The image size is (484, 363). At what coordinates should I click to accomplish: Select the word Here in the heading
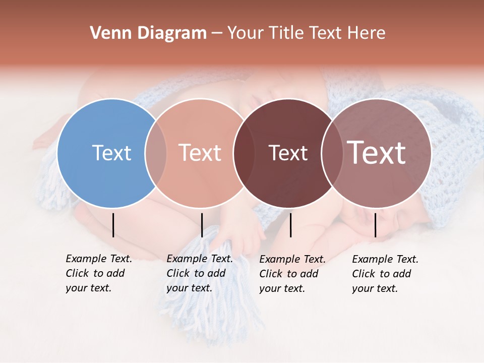tap(367, 33)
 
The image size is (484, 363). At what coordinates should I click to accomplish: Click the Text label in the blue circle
tap(111, 153)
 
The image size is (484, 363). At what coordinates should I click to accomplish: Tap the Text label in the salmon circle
tap(200, 153)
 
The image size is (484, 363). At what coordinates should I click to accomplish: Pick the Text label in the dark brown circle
tap(288, 153)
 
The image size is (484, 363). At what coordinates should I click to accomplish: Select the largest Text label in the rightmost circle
tap(377, 153)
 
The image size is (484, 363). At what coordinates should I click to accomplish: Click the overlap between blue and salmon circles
tap(156, 153)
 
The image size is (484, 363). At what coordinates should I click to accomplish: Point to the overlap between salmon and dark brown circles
tap(244, 153)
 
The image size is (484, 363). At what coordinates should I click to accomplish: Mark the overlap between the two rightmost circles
tap(332, 153)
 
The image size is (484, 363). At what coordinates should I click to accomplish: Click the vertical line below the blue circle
tap(113, 225)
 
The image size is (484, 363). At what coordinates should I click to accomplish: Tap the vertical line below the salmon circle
tap(202, 225)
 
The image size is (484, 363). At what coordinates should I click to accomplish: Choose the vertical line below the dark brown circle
tap(290, 225)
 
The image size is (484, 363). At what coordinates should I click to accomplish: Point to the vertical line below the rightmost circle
tap(375, 225)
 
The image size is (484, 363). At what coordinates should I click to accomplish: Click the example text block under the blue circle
tap(98, 273)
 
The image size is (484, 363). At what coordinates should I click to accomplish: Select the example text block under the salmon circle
tap(199, 273)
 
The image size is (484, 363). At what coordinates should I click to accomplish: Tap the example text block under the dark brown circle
tap(292, 274)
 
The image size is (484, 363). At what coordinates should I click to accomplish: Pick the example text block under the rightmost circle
tap(385, 274)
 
